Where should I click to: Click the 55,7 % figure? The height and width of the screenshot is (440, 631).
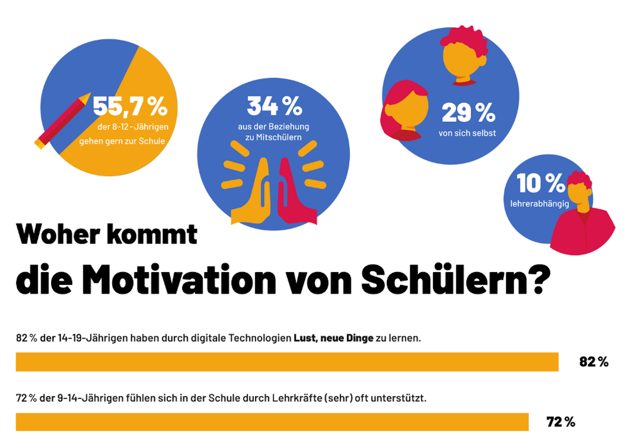pos(130,106)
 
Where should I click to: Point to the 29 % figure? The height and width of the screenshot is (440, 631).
pos(468,113)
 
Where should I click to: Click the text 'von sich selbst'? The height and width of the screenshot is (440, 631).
pos(467,133)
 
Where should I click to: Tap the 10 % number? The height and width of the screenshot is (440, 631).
pos(540,183)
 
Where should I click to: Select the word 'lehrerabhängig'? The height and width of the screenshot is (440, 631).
pos(539,204)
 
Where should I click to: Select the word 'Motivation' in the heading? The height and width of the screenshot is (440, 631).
pos(179,280)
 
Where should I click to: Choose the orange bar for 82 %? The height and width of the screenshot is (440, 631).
pos(287,362)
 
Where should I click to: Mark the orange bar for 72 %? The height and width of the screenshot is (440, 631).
pos(272,422)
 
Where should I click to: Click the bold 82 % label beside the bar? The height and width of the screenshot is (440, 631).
pos(594,362)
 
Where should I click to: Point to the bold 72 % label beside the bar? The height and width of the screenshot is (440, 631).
pos(560,422)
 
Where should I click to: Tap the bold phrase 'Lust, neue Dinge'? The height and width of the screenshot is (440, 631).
pos(333,338)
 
